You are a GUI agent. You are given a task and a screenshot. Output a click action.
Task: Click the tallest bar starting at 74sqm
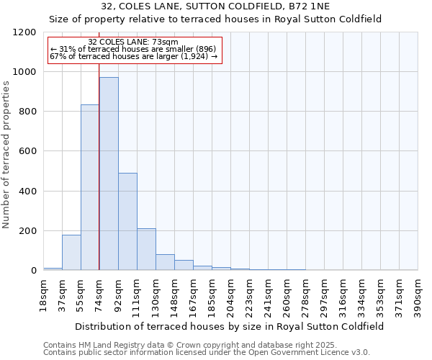[109, 174]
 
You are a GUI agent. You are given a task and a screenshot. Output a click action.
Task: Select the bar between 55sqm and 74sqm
[90, 187]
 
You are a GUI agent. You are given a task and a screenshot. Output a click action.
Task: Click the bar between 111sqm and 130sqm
[146, 249]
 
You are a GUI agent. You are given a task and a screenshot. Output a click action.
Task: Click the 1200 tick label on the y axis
[24, 32]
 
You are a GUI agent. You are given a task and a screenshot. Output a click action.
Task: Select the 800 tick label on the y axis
[27, 112]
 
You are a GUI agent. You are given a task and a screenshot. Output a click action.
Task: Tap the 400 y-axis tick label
[27, 192]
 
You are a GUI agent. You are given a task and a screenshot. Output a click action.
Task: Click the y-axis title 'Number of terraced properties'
[6, 154]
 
